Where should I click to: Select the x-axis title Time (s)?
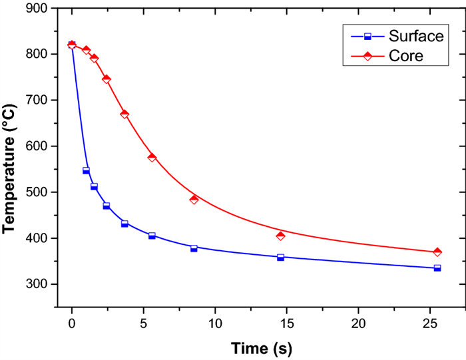coord(261,347)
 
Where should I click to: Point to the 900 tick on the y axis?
coord(39,8)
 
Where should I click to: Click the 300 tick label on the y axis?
coord(39,284)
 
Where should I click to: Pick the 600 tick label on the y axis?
coord(39,146)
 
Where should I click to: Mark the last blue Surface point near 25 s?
coord(437,268)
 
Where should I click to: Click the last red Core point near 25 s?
coord(437,252)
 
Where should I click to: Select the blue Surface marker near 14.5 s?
coord(280,257)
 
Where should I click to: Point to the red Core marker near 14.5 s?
coord(280,236)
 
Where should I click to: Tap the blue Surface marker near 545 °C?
coord(86,171)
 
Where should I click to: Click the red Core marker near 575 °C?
coord(152,158)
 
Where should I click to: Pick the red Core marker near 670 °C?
coord(124,114)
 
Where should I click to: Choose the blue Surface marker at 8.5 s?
coord(194,248)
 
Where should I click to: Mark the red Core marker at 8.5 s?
coord(194,199)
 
